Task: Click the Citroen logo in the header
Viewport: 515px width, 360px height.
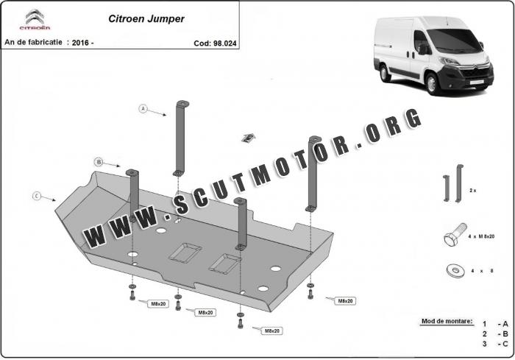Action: click(x=35, y=20)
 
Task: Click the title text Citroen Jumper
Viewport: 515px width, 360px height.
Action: click(x=146, y=19)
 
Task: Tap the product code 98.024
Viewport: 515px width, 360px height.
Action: click(x=224, y=43)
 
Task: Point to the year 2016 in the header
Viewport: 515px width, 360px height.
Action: click(x=80, y=43)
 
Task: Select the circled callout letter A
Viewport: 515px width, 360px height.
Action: click(x=143, y=108)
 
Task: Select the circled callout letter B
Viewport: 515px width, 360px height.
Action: click(x=99, y=162)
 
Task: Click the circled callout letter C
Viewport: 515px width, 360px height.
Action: click(x=37, y=197)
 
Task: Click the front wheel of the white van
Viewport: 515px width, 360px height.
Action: click(x=431, y=83)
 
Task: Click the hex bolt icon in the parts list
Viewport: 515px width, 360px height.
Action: click(x=455, y=234)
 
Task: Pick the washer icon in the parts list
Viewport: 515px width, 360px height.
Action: click(x=455, y=271)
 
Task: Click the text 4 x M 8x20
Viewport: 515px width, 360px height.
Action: click(x=481, y=236)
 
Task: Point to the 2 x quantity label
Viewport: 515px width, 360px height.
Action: click(x=473, y=191)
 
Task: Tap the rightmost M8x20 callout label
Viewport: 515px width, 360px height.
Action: click(x=345, y=301)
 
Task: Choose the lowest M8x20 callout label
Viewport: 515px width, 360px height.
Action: click(x=272, y=331)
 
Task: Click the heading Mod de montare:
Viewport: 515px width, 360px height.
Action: click(x=447, y=321)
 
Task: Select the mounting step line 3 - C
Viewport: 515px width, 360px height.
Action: click(x=495, y=344)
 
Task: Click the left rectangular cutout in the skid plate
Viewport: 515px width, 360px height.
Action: click(x=185, y=253)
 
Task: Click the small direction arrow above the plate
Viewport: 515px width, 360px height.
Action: click(x=249, y=138)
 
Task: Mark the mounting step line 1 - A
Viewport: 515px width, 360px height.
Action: click(x=495, y=324)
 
